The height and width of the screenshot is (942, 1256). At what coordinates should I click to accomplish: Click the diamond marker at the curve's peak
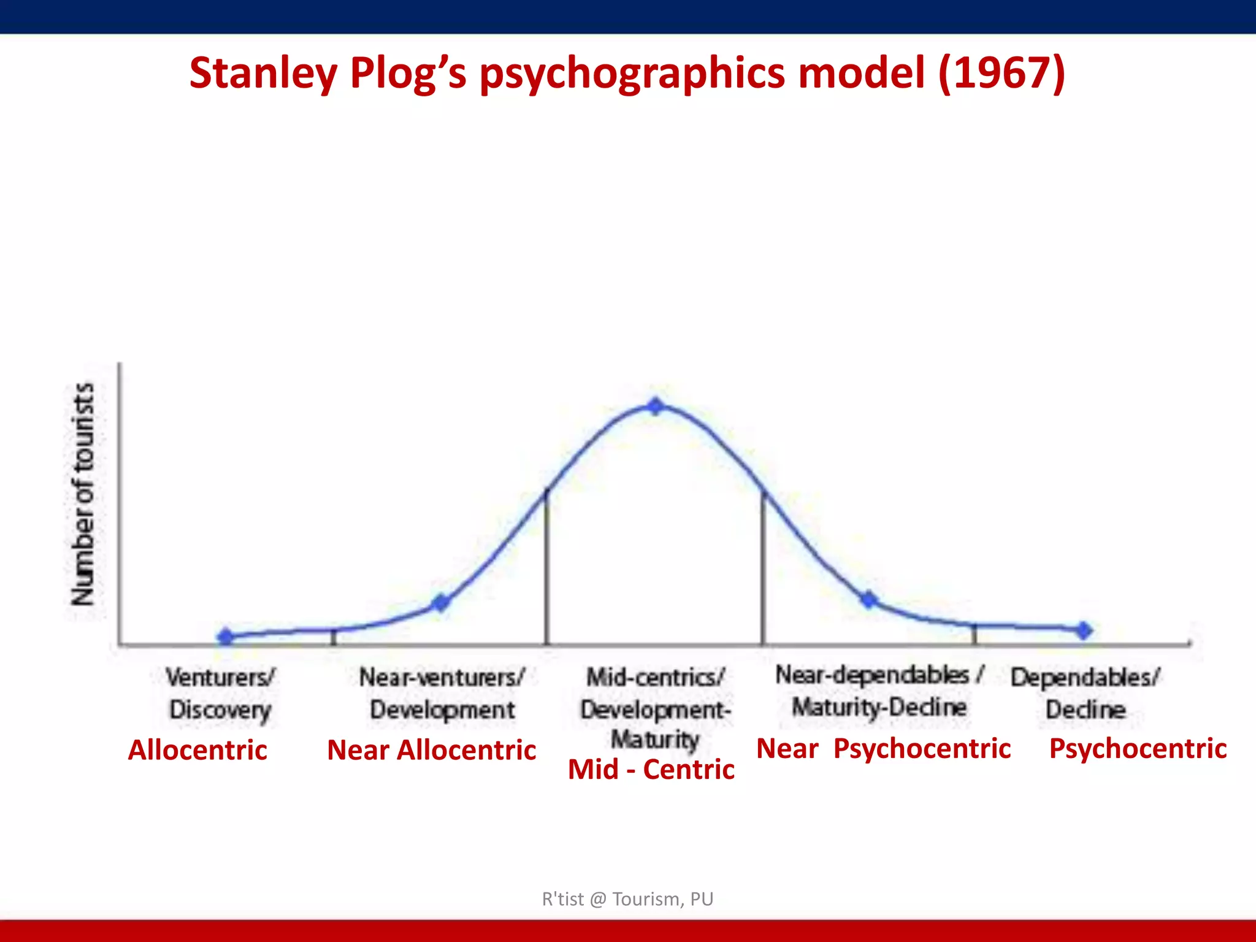pyautogui.click(x=656, y=406)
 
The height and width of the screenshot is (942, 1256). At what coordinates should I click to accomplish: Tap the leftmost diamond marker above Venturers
pyautogui.click(x=226, y=637)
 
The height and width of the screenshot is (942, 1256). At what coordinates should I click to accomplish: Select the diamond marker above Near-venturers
pyautogui.click(x=440, y=603)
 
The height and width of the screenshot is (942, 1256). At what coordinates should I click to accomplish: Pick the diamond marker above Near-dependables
pyautogui.click(x=868, y=599)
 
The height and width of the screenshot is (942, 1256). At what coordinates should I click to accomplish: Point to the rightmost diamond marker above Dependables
pyautogui.click(x=1084, y=630)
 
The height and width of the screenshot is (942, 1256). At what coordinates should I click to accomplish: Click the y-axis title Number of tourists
pyautogui.click(x=83, y=494)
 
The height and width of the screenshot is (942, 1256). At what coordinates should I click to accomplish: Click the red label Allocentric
pyautogui.click(x=197, y=750)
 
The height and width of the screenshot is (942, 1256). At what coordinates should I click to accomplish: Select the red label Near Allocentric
pyautogui.click(x=432, y=750)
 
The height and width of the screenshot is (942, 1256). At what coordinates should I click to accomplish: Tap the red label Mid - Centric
pyautogui.click(x=651, y=770)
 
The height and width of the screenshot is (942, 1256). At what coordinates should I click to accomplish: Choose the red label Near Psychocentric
pyautogui.click(x=884, y=749)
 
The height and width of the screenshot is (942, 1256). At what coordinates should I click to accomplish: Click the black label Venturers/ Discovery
pyautogui.click(x=220, y=694)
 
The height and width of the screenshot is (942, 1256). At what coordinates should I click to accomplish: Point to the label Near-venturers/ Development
pyautogui.click(x=442, y=694)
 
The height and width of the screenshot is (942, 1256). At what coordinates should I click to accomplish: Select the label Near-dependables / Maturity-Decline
pyautogui.click(x=879, y=691)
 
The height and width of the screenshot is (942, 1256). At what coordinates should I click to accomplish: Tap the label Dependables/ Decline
pyautogui.click(x=1086, y=694)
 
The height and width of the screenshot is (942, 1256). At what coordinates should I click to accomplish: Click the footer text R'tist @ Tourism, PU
pyautogui.click(x=627, y=899)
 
